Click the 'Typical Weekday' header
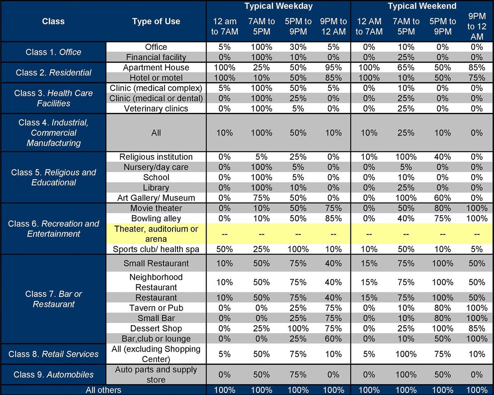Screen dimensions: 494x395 (278, 6)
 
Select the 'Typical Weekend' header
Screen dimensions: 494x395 (422, 6)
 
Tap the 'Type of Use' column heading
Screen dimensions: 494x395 (156, 21)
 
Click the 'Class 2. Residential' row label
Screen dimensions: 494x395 (54, 72)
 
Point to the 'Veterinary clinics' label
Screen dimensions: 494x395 (156, 108)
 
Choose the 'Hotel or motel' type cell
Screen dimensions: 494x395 (156, 77)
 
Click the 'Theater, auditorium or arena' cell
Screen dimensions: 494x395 (156, 234)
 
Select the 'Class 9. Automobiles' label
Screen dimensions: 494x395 (54, 374)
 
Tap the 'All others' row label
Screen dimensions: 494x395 (103, 390)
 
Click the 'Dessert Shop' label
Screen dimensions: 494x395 (156, 328)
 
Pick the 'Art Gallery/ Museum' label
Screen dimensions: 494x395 (156, 198)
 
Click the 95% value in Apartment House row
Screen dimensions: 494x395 (333, 68)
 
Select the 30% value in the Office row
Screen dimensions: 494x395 (298, 47)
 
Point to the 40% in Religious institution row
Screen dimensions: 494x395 (443, 157)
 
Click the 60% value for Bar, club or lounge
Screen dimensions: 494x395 (333, 339)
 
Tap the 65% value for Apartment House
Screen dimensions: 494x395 (406, 68)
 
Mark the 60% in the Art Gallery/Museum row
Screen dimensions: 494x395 (443, 198)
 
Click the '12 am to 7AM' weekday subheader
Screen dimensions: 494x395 (224, 26)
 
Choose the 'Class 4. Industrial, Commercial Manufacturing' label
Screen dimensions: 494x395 (54, 133)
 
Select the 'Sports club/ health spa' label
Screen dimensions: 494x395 (156, 249)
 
